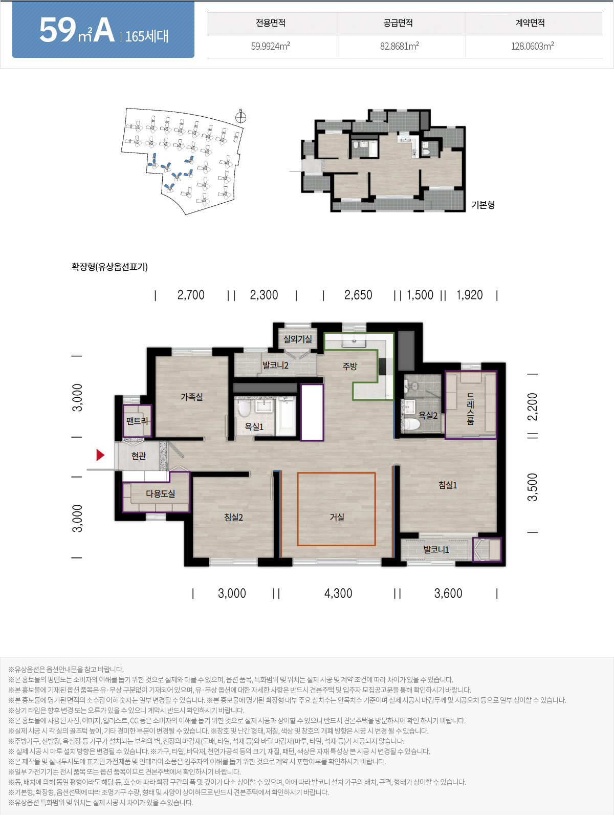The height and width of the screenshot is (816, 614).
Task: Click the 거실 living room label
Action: pyautogui.click(x=337, y=517)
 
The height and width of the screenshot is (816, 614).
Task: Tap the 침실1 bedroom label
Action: pyautogui.click(x=448, y=485)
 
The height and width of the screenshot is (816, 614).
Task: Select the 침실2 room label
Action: pyautogui.click(x=233, y=517)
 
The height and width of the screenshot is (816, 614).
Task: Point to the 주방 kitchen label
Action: pyautogui.click(x=350, y=366)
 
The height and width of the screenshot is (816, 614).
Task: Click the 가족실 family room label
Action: pyautogui.click(x=192, y=397)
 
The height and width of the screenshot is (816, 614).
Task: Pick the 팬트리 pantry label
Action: pyautogui.click(x=137, y=421)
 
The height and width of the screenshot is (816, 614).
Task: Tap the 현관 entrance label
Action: pyautogui.click(x=139, y=456)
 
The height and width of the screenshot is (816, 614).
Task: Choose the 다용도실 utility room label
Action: pyautogui.click(x=160, y=493)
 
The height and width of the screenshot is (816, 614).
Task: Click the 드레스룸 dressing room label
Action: pyautogui.click(x=470, y=409)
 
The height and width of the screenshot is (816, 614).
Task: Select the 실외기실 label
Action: pyautogui.click(x=297, y=339)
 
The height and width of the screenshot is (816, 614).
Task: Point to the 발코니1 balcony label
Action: pyautogui.click(x=436, y=549)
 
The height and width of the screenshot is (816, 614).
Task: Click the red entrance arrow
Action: pyautogui.click(x=100, y=455)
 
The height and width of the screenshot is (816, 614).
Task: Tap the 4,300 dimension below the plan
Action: pyautogui.click(x=338, y=593)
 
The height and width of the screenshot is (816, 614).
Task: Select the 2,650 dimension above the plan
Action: pyautogui.click(x=358, y=295)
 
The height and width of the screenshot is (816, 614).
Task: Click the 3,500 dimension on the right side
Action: pyautogui.click(x=532, y=487)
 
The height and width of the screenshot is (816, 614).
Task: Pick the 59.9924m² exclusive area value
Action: pyautogui.click(x=270, y=46)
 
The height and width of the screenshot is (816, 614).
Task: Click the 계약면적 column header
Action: pyautogui.click(x=530, y=23)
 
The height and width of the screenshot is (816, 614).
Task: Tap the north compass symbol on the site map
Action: pyautogui.click(x=240, y=117)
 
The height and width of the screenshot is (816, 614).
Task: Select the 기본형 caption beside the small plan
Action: pyautogui.click(x=483, y=204)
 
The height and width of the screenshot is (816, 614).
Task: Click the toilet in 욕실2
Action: pyautogui.click(x=411, y=424)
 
